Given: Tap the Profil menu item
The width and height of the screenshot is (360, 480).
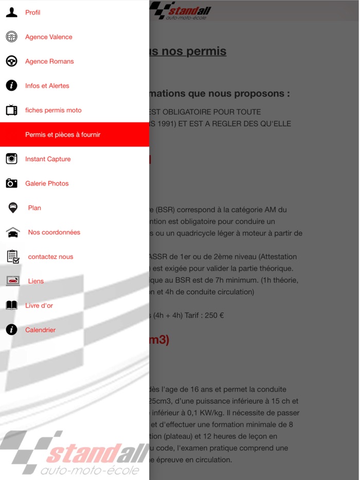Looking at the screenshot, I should (33, 12).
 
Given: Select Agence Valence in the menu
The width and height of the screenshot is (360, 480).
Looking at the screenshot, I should (49, 37).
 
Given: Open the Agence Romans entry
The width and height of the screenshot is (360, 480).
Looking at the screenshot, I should (49, 61).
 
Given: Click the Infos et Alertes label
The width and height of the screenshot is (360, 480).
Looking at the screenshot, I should (47, 86).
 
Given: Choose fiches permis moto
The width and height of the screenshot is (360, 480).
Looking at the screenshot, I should (53, 110).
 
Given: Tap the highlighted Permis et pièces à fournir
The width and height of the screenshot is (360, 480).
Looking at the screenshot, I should (63, 135).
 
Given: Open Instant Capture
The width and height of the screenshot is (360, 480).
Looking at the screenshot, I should (48, 159).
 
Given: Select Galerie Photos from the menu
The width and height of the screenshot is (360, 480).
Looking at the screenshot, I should (47, 183).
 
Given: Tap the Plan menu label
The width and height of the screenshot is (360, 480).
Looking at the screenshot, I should (34, 208).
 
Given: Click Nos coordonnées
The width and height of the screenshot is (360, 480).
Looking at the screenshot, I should (54, 232).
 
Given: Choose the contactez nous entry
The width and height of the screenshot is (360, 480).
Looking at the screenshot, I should (50, 256).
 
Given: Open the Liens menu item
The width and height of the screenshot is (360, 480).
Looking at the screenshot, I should (36, 281).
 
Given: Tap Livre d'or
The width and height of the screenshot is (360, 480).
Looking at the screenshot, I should (39, 305).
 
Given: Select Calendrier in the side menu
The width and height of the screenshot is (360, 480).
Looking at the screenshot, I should (41, 330).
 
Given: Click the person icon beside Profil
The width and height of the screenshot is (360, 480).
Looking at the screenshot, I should (11, 12).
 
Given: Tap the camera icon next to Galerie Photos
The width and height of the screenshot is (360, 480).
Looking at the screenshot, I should (11, 183).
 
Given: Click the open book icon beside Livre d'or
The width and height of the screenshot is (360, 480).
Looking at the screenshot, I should (11, 305).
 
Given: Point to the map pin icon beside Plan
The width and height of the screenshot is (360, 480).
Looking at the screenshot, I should (12, 208).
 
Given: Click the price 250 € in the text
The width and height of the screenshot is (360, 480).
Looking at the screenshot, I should (214, 316).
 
